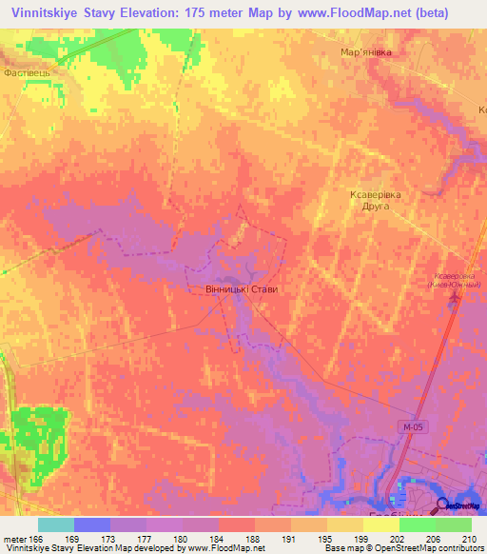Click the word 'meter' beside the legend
[12, 538]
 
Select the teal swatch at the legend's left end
[55, 524]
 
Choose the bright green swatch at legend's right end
[453, 524]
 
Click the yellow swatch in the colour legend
[380, 524]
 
